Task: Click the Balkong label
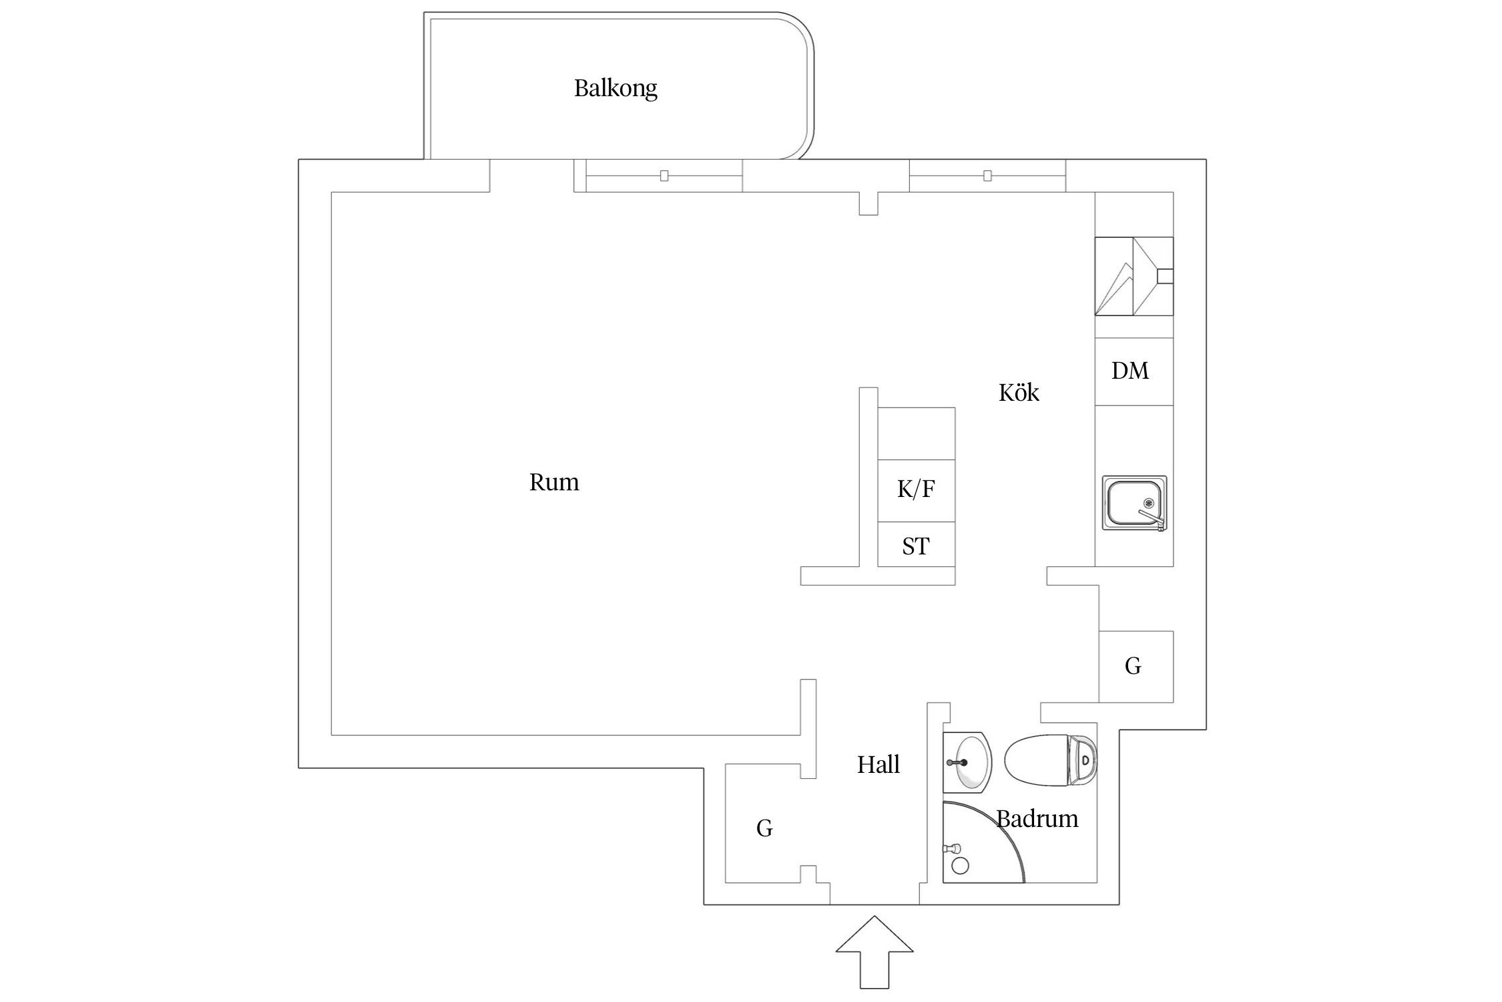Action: click(x=615, y=88)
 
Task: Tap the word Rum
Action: click(x=553, y=482)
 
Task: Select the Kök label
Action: click(x=1018, y=393)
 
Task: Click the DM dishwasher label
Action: click(x=1130, y=371)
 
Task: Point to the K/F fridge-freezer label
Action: click(x=915, y=490)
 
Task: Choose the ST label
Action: click(x=915, y=546)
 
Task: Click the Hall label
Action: click(x=878, y=764)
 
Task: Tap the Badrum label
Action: click(x=1037, y=819)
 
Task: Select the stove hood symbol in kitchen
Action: click(x=1134, y=276)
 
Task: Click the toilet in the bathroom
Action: click(x=1049, y=760)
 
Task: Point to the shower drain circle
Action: click(x=960, y=866)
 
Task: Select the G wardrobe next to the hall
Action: click(x=764, y=828)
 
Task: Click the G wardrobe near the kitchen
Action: click(x=1133, y=666)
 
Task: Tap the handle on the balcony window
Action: click(x=664, y=176)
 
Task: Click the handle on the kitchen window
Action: click(x=987, y=176)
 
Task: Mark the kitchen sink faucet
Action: click(x=1152, y=518)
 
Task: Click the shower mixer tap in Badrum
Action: click(x=951, y=848)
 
